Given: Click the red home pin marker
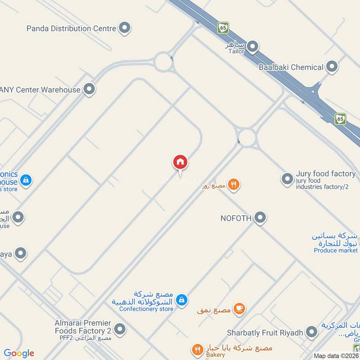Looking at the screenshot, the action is pos(180,162).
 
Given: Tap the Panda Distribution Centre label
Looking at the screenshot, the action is pos(71,28).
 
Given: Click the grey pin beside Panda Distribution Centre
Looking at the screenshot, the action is pos(125,28).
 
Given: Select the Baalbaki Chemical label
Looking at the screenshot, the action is pos(291,67).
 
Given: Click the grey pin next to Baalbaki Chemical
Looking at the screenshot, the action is pos(332,67).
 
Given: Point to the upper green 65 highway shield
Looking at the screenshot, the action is pos(223,27).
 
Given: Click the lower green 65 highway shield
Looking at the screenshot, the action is pos(341,119).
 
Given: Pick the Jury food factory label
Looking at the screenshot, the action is pos(326,174).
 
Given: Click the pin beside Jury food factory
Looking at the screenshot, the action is pos(287,179).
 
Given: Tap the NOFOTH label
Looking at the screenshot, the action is pos(235,218).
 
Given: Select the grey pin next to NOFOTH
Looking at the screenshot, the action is pos(260,218).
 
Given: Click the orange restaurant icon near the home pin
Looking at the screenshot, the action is pos(233,184).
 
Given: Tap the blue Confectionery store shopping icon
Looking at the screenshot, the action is pos(181,299).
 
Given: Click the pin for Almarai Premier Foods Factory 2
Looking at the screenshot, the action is pos(120,329).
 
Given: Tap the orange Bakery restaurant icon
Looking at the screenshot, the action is pos(197,350).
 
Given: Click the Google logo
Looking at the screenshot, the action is pos(19,353).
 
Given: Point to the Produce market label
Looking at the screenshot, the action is pos(336,250).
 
